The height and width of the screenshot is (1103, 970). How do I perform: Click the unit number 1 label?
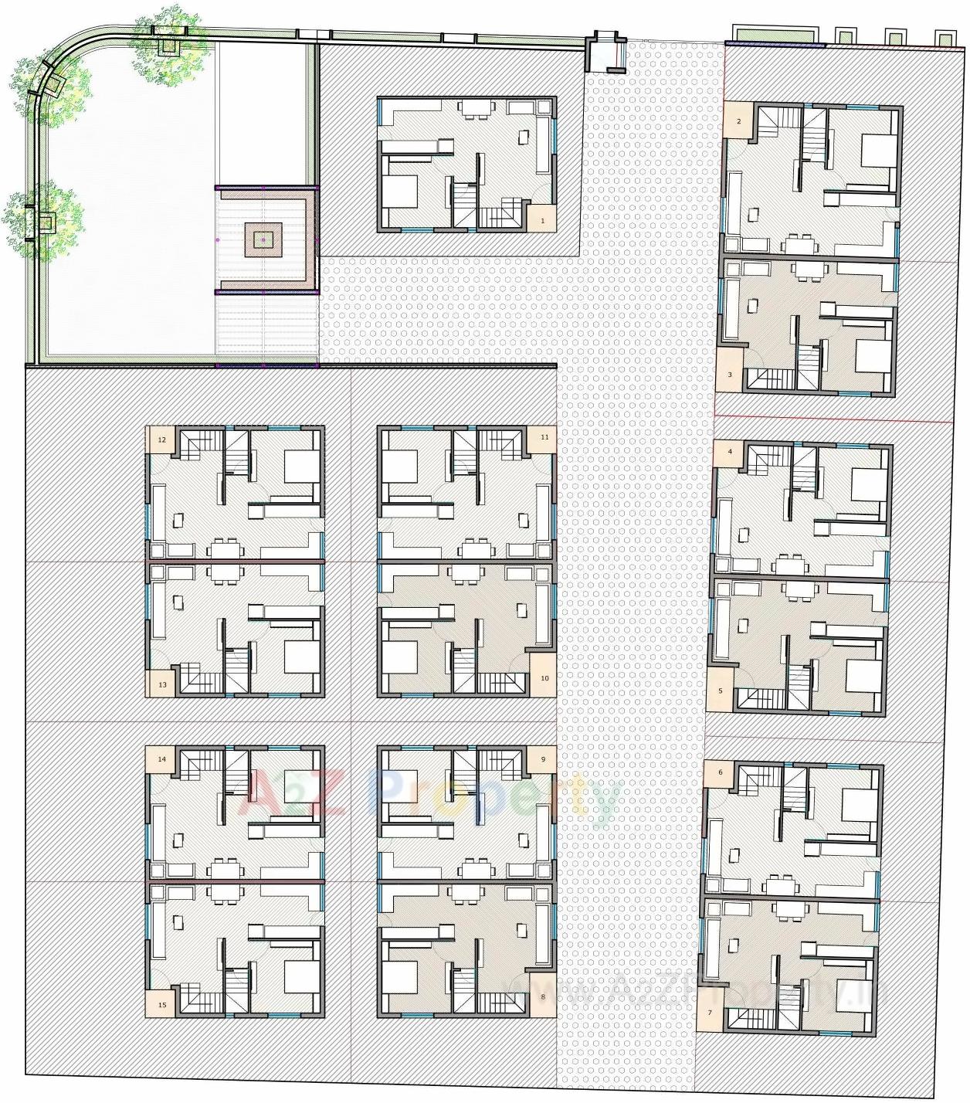(x=543, y=221)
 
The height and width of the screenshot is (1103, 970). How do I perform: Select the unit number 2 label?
(x=739, y=122)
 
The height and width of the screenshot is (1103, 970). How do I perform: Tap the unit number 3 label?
(x=730, y=375)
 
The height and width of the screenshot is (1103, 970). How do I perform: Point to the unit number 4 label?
(x=730, y=452)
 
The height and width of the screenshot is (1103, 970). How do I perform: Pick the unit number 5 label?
(x=721, y=691)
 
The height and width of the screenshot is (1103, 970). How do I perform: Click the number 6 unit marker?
(x=721, y=772)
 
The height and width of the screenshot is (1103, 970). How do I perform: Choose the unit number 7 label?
(x=710, y=1012)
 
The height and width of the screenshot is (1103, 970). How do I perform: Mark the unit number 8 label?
(x=543, y=996)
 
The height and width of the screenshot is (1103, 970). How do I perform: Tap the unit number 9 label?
(x=543, y=759)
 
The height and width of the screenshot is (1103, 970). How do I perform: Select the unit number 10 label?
(x=544, y=678)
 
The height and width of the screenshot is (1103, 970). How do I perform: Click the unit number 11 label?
(x=544, y=437)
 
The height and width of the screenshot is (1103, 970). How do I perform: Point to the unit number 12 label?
(x=162, y=440)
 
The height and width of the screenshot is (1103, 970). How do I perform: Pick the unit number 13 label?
(x=162, y=684)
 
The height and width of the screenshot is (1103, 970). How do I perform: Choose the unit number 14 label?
(x=162, y=759)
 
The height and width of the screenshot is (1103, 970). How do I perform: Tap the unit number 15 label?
(x=162, y=1005)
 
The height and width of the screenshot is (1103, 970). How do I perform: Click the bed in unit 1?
(x=400, y=192)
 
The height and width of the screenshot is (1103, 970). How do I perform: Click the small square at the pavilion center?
(x=263, y=240)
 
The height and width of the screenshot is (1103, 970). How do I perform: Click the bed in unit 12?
(x=301, y=466)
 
